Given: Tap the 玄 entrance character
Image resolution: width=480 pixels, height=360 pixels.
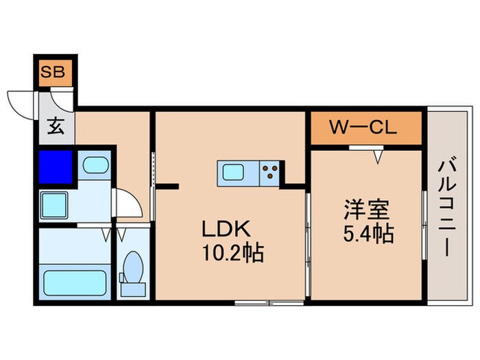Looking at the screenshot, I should tap(56, 128).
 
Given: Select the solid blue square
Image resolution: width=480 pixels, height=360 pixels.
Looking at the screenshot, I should tap(56, 166).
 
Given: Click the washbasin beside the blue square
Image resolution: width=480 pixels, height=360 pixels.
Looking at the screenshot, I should tap(93, 166).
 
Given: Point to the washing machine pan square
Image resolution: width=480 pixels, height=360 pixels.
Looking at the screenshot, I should tap(54, 204).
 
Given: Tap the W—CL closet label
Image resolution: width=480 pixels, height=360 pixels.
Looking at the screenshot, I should tap(363, 128).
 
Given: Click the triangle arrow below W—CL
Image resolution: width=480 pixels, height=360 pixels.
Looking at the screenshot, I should tap(377, 157).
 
